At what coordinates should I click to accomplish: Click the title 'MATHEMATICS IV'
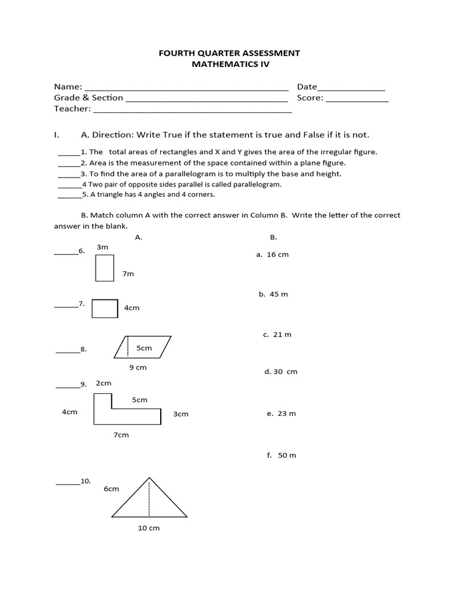[229, 65]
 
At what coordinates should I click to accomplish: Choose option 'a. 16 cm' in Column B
[272, 255]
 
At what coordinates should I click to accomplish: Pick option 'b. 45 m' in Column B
[273, 295]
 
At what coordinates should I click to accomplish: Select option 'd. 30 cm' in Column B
[280, 372]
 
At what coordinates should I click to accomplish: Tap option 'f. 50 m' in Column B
[281, 455]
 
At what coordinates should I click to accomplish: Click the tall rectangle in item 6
[105, 268]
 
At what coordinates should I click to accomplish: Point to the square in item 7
[105, 308]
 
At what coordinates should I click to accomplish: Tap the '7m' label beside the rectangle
[128, 274]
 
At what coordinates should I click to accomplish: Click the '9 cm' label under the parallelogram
[137, 368]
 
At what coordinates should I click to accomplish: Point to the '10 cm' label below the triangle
[149, 528]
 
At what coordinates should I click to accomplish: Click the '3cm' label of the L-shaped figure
[180, 414]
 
